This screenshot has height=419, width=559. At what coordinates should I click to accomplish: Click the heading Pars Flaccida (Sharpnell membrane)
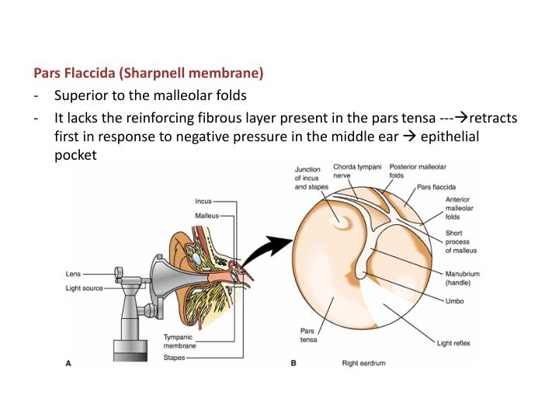pyautogui.click(x=148, y=74)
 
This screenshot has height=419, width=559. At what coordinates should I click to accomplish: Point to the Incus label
pyautogui.click(x=203, y=202)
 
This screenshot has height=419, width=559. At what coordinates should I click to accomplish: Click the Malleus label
pyautogui.click(x=207, y=215)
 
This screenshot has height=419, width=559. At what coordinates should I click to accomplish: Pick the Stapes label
pyautogui.click(x=175, y=358)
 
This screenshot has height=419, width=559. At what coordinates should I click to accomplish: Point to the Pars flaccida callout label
pyautogui.click(x=436, y=187)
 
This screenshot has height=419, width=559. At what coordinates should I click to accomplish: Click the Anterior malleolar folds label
pyautogui.click(x=459, y=208)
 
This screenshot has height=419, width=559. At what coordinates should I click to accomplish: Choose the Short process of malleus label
pyautogui.click(x=460, y=241)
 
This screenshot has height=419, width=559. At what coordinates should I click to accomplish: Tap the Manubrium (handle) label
pyautogui.click(x=464, y=278)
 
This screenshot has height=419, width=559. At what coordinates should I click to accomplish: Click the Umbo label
pyautogui.click(x=454, y=301)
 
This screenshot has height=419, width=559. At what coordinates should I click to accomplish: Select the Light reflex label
pyautogui.click(x=464, y=342)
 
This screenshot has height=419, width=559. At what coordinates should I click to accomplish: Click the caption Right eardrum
pyautogui.click(x=364, y=362)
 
